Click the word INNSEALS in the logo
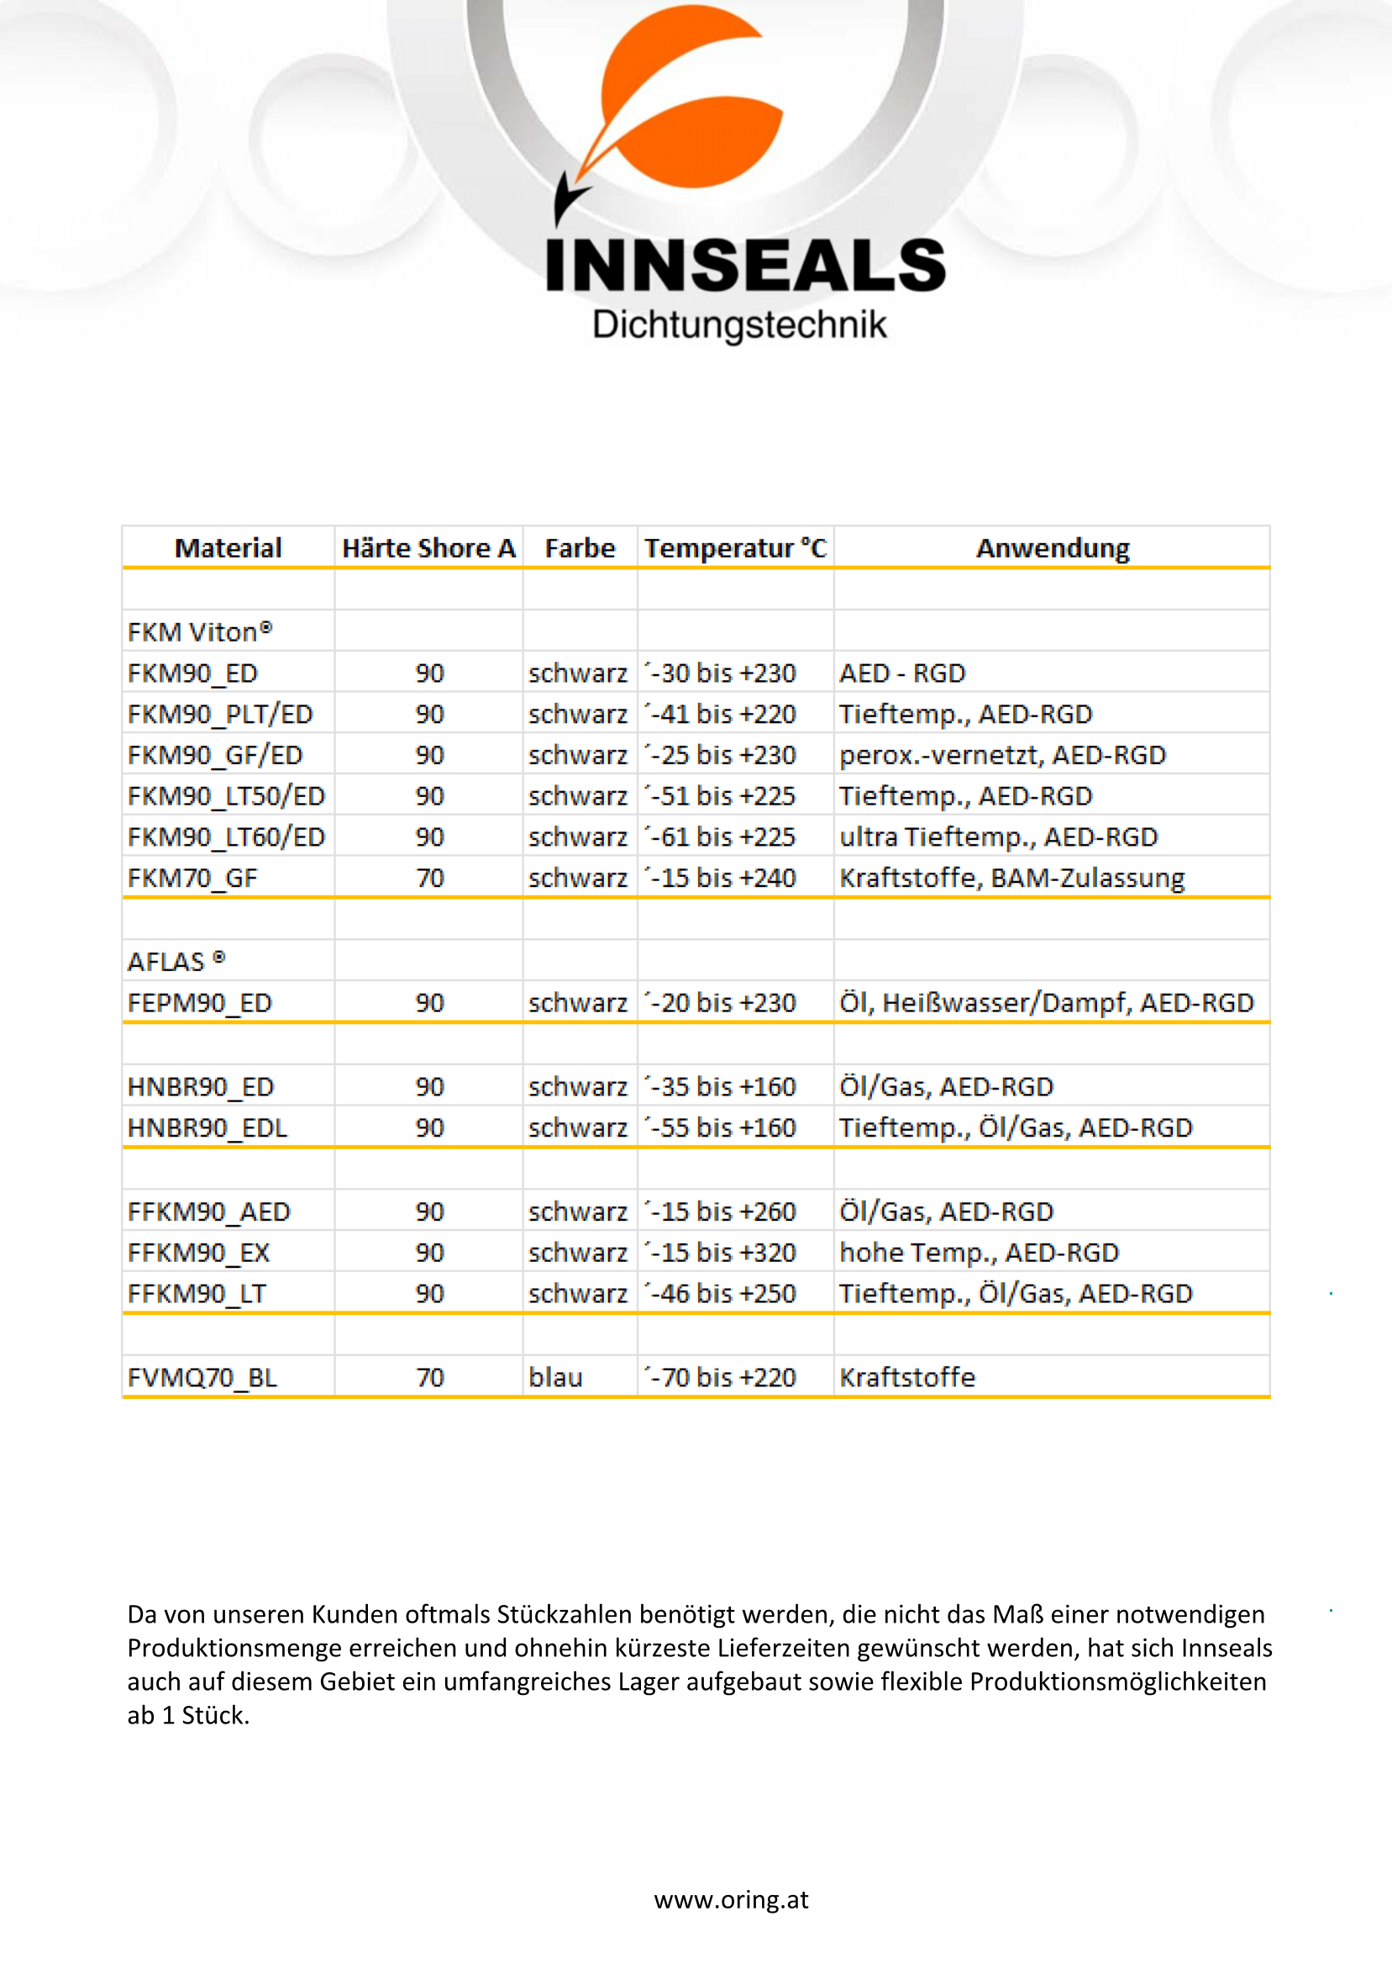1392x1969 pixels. pyautogui.click(x=745, y=265)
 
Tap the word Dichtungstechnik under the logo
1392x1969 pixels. pyautogui.click(x=739, y=325)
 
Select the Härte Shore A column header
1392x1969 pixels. pyautogui.click(x=428, y=548)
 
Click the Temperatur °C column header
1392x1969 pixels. pyautogui.click(x=734, y=548)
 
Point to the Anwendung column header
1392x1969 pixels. pyautogui.click(x=1052, y=548)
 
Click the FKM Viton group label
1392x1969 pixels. pyautogui.click(x=200, y=632)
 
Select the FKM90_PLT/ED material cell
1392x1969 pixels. pyautogui.click(x=220, y=714)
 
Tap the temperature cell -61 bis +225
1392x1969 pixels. pyautogui.click(x=722, y=837)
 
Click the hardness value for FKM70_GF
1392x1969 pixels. pyautogui.click(x=429, y=877)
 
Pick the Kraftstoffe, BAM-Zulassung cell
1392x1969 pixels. pyautogui.click(x=1011, y=877)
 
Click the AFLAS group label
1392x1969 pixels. pyautogui.click(x=176, y=961)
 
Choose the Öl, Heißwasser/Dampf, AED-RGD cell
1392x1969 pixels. pyautogui.click(x=1046, y=1002)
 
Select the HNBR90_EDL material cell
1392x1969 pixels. pyautogui.click(x=207, y=1127)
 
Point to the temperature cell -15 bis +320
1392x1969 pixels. pyautogui.click(x=722, y=1252)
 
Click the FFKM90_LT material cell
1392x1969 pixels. pyautogui.click(x=197, y=1293)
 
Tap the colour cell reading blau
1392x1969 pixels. pyautogui.click(x=555, y=1377)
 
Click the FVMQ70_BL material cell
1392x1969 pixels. pyautogui.click(x=202, y=1377)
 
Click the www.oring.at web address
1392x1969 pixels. pyautogui.click(x=731, y=1899)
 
